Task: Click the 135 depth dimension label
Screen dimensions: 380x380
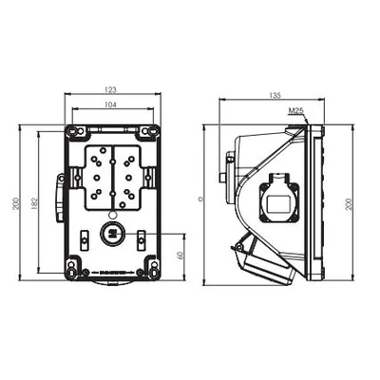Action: coord(275,94)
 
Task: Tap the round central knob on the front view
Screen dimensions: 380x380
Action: coord(111,234)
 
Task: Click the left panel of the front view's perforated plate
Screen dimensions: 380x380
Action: coord(97,178)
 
